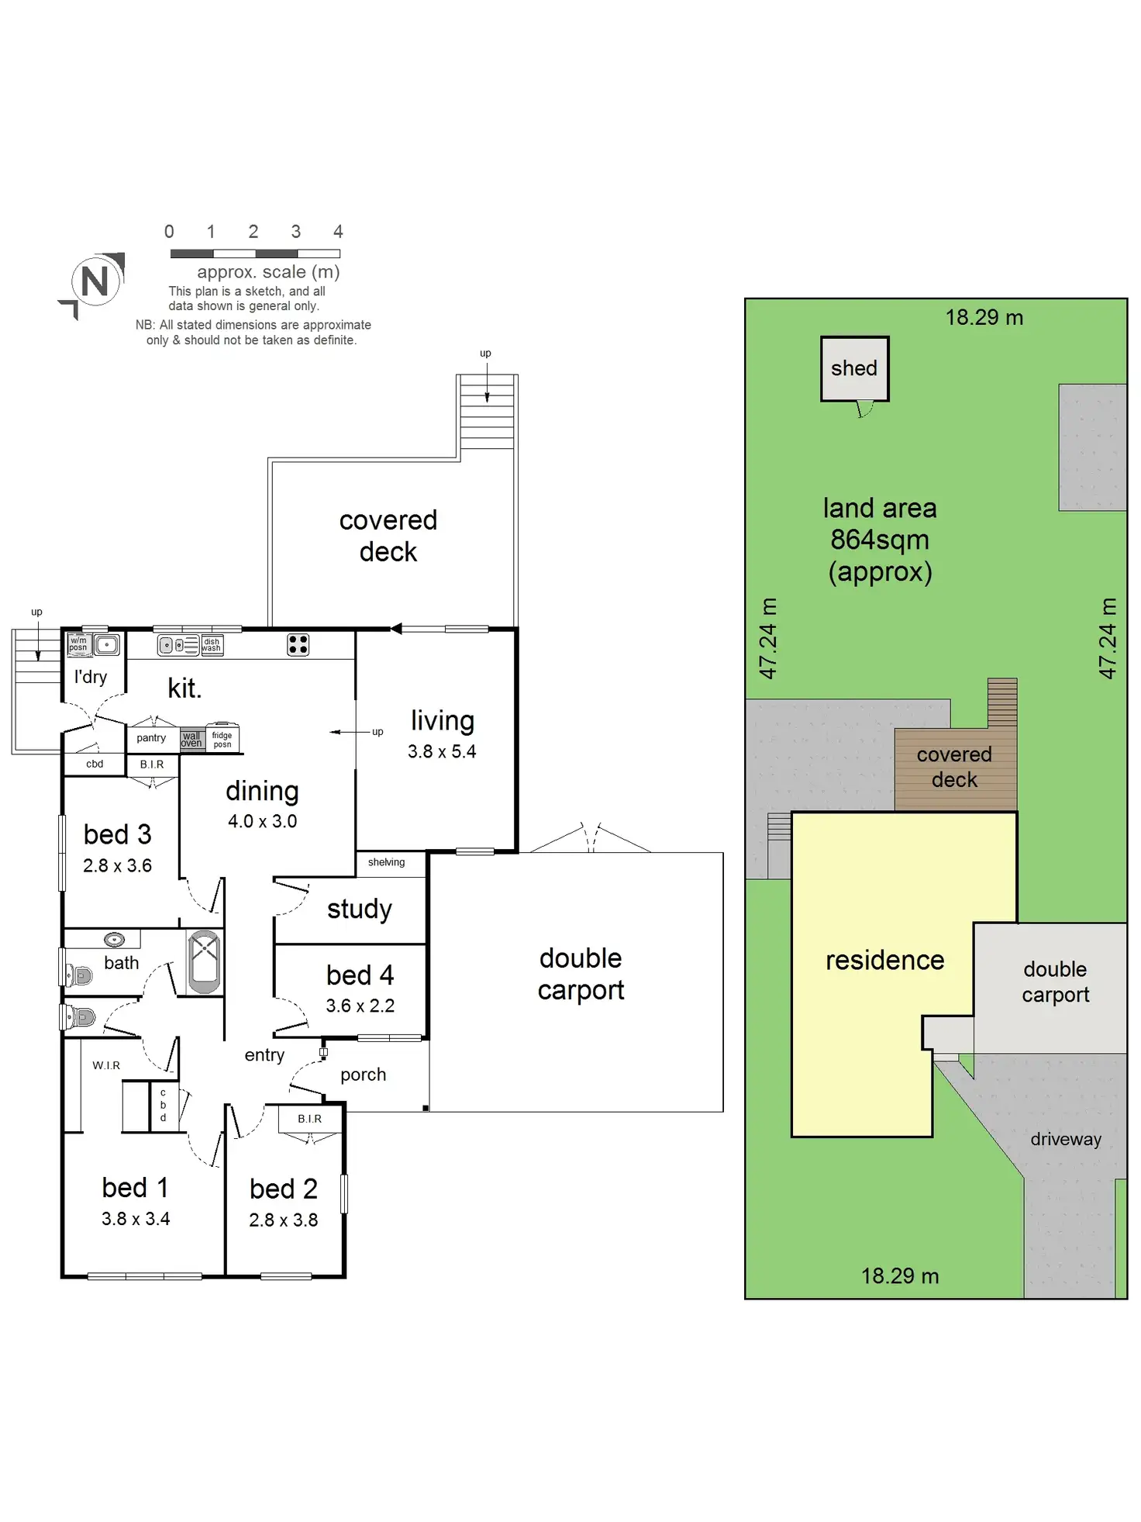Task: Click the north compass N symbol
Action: (95, 281)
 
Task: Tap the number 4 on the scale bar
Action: (338, 232)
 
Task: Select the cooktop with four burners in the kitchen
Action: (298, 644)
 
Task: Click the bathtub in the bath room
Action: (205, 961)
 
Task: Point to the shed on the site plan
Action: (854, 368)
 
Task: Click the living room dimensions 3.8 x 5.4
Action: (442, 751)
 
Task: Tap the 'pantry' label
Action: (151, 738)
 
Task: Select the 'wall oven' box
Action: (191, 739)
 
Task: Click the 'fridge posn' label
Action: (222, 740)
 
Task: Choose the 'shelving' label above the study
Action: (386, 862)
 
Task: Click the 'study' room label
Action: (360, 909)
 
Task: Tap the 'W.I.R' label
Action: (106, 1065)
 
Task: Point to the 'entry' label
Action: (264, 1055)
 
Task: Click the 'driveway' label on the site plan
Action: (1066, 1139)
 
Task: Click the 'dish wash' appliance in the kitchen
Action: (212, 645)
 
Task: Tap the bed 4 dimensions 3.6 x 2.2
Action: (360, 1006)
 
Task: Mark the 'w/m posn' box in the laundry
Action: (78, 644)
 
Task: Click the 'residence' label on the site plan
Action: (884, 961)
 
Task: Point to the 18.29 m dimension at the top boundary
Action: (984, 318)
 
